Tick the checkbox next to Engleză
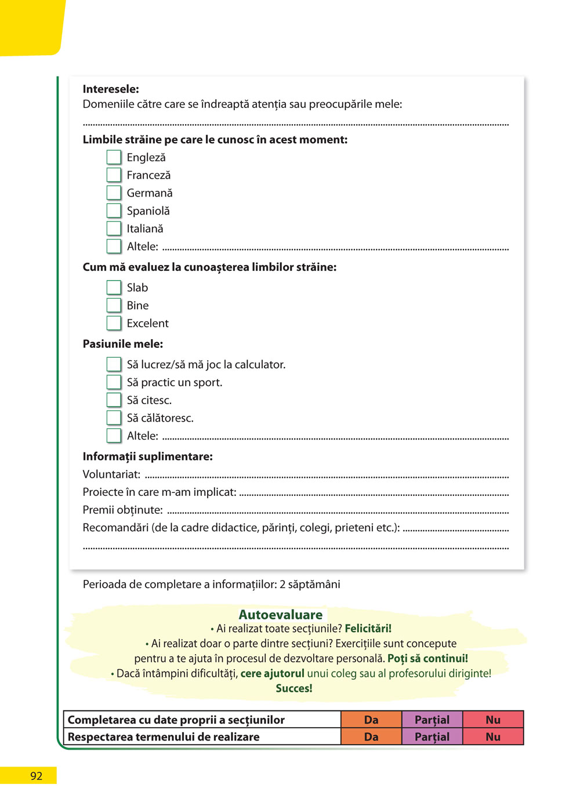pos(114,157)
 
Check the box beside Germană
pos(114,193)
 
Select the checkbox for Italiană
pos(114,228)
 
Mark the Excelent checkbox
pos(114,323)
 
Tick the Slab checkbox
pos(114,288)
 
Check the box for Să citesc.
pos(114,400)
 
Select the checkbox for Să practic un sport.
pos(114,382)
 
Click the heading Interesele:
pos(111,89)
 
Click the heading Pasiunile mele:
pos(123,344)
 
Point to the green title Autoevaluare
pos(281,615)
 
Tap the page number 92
pos(36,776)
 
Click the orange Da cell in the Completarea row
pos(371,720)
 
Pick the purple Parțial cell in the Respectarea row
pos(432,737)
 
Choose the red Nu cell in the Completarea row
pos(493,720)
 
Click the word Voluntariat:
pos(111,474)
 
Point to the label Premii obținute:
pos(122,510)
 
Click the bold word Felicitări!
pos(368,629)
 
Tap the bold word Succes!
pos(294,688)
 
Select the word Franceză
pos(148,175)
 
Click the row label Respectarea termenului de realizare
pos(164,737)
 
